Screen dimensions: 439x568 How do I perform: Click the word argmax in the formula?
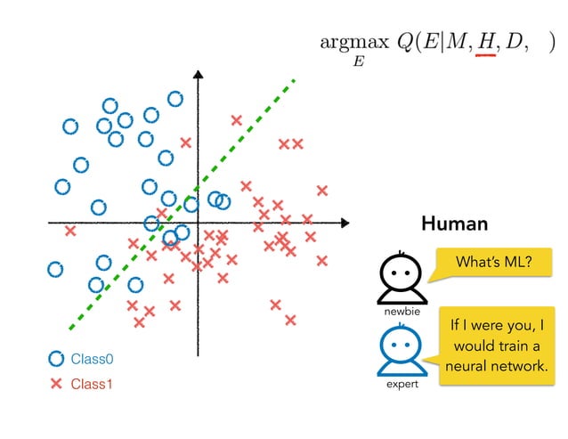tap(354, 42)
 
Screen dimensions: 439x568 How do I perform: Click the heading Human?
tap(455, 223)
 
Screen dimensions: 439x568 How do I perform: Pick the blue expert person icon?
tap(401, 350)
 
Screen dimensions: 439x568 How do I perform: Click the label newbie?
tap(401, 313)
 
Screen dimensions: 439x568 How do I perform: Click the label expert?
tap(401, 385)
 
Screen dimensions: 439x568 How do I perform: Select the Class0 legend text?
tap(93, 359)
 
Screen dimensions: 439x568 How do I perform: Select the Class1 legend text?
tap(93, 385)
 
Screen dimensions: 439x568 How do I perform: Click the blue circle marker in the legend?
tap(56, 359)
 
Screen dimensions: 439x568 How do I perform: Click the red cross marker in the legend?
tap(56, 385)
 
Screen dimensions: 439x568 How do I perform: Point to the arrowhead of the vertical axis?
tap(197, 71)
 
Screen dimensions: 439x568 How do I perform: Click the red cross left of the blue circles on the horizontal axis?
tap(70, 231)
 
